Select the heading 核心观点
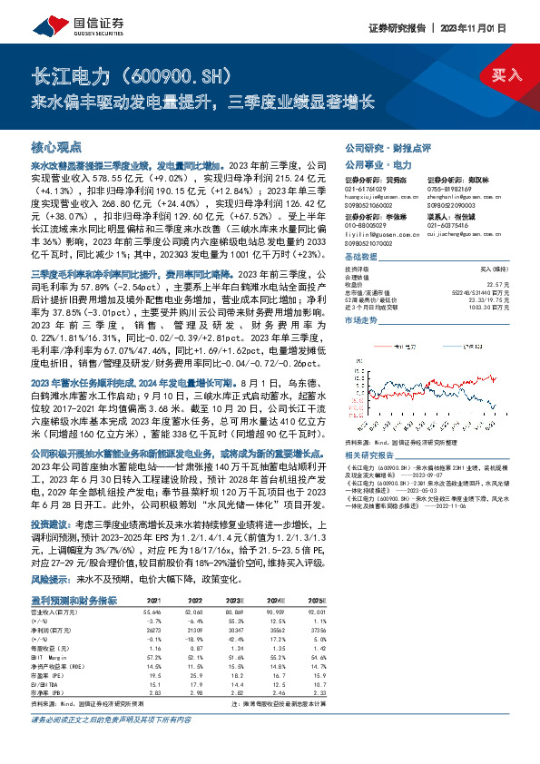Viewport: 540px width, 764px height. (x=56, y=146)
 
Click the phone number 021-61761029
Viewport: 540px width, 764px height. (x=362, y=189)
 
